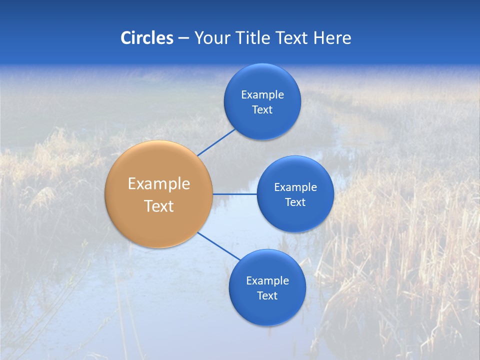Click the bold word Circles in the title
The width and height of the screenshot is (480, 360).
coord(147,38)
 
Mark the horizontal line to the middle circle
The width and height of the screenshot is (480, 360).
coord(235,194)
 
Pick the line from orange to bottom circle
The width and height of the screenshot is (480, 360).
coord(219,246)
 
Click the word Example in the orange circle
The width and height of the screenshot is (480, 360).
coord(159,184)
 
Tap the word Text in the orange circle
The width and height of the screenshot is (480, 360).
coord(159,206)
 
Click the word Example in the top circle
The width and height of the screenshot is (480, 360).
coord(262,95)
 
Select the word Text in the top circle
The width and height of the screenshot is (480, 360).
coord(262,110)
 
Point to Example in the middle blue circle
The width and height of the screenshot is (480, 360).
coord(295,187)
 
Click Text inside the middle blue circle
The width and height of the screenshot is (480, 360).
coord(295,202)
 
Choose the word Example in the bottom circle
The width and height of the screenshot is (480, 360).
coord(267,281)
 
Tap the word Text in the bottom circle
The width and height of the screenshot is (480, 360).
coord(267,296)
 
